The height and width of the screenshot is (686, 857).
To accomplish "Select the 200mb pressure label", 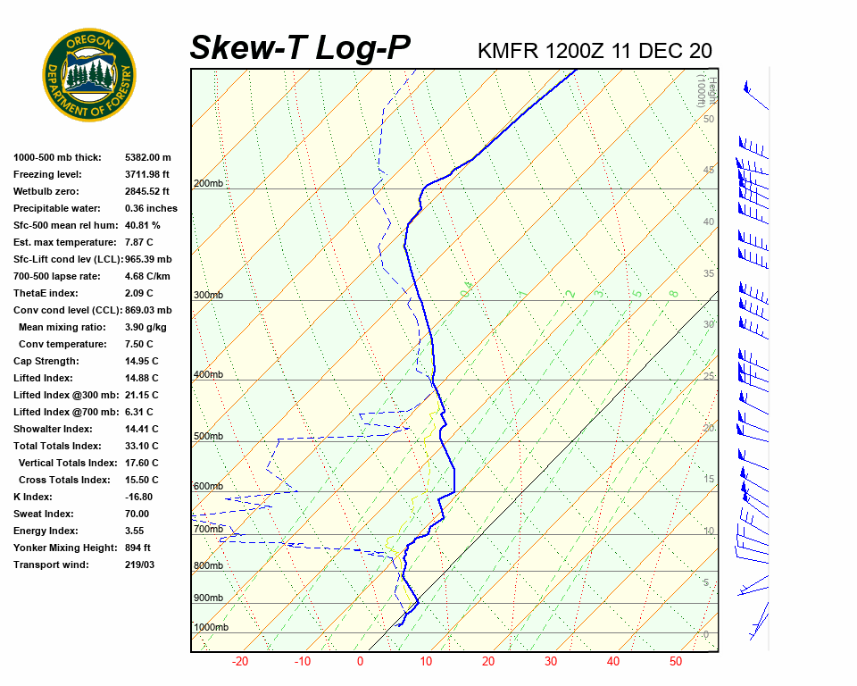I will [208, 184].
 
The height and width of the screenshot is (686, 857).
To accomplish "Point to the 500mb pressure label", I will [208, 436].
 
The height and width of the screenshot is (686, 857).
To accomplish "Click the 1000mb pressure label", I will [211, 627].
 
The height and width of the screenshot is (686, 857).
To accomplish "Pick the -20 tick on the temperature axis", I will [240, 662].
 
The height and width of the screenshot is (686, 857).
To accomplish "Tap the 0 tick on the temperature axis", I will [361, 662].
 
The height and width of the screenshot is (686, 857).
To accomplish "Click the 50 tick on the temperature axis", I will [676, 662].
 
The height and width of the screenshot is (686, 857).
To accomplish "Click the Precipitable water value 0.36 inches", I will [151, 208].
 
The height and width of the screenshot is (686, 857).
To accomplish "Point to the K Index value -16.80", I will [139, 497].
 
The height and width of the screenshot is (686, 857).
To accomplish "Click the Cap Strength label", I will [46, 361].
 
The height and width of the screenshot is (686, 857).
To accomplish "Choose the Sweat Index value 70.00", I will [137, 514].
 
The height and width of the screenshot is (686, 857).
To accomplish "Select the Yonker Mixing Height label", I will [63, 548].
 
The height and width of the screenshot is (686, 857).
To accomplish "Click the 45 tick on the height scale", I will [709, 171].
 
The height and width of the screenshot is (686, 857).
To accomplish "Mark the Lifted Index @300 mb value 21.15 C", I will [142, 395].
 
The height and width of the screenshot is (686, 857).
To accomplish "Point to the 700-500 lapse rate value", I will [147, 276].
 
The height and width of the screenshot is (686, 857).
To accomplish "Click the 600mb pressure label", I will [208, 486].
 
